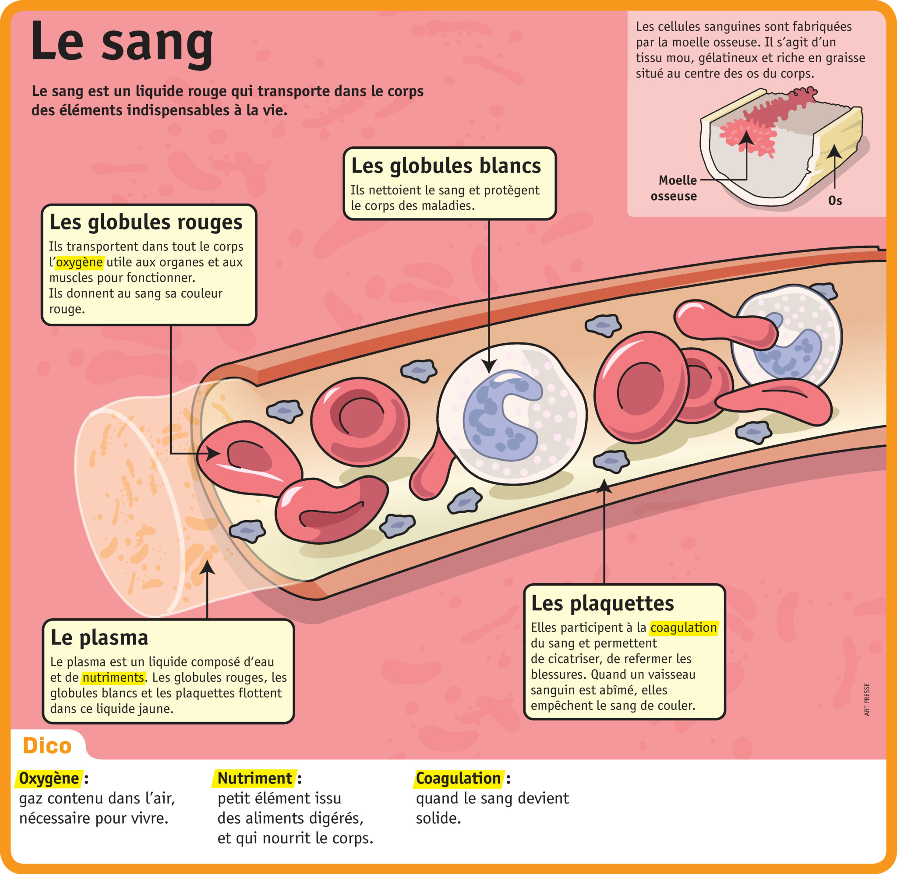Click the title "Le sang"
point(122,42)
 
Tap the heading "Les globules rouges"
point(145,222)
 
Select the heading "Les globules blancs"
point(446,166)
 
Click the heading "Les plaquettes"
point(602,603)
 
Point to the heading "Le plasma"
point(99,638)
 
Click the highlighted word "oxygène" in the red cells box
point(79,262)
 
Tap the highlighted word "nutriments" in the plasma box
point(113,677)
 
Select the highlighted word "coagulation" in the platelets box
point(684,627)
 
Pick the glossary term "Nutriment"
point(254,778)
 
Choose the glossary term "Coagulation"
point(458,778)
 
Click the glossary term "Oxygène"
point(49,778)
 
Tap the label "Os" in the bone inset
point(834,201)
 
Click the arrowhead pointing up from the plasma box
point(208,567)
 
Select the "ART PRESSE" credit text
point(867,700)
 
